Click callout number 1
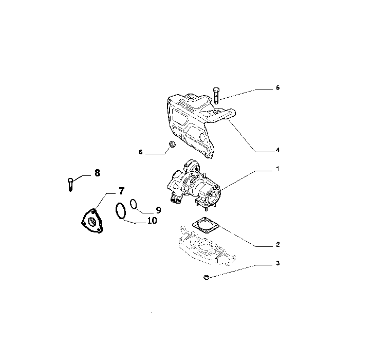click(277, 169)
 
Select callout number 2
click(278, 244)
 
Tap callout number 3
click(278, 263)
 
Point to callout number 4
click(277, 150)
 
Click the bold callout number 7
click(121, 191)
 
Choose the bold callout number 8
click(97, 173)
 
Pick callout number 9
click(158, 210)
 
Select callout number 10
click(152, 221)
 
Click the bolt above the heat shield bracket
click(216, 95)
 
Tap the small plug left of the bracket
click(172, 144)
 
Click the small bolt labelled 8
click(70, 184)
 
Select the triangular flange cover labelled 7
click(92, 221)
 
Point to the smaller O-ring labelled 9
click(134, 204)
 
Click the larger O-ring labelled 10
click(121, 211)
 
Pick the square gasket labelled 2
click(206, 225)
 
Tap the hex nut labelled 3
click(206, 277)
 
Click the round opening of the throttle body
click(214, 197)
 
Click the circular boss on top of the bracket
click(191, 96)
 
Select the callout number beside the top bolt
click(278, 88)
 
